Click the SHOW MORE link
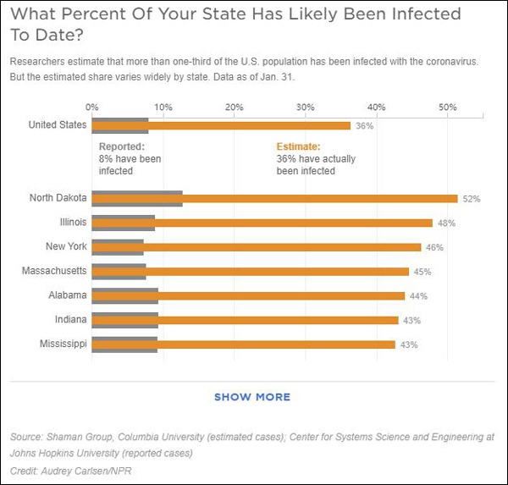(252, 397)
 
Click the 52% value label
(472, 199)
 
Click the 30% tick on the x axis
(306, 107)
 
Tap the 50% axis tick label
(448, 107)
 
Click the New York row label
(66, 246)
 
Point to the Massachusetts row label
(54, 271)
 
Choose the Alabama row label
(67, 295)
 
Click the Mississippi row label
(63, 344)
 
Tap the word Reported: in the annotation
(121, 146)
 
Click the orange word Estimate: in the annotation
(299, 146)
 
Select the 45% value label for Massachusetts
(422, 272)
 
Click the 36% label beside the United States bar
(364, 126)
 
